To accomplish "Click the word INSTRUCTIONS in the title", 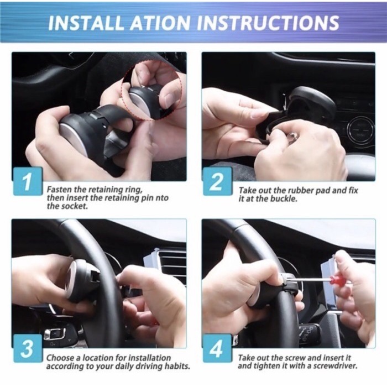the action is click(268, 23).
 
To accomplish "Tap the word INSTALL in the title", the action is click(86, 23).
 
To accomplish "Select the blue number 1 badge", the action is click(28, 181).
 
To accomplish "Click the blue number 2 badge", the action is click(217, 181).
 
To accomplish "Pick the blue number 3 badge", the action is click(28, 348).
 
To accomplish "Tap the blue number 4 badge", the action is click(217, 348).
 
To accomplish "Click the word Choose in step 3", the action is click(60, 358).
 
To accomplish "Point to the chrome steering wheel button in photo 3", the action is click(55, 334).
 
